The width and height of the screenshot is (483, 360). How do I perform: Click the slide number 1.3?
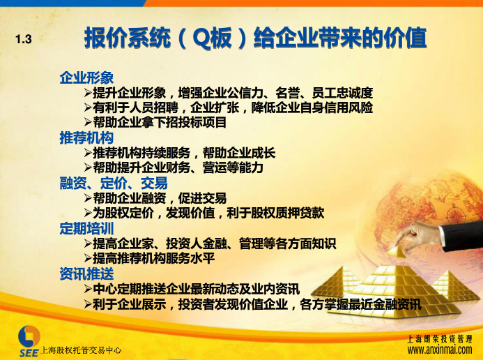click(x=24, y=40)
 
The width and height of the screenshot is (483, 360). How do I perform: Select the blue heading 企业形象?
click(x=86, y=77)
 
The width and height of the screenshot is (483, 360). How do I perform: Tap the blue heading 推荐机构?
click(x=86, y=137)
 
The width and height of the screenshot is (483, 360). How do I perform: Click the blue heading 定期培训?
click(x=86, y=228)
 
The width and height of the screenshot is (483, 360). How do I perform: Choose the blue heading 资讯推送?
click(x=86, y=273)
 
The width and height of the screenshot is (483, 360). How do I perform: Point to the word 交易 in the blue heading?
click(x=154, y=183)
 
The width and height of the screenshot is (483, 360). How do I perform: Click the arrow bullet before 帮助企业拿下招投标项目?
click(x=88, y=122)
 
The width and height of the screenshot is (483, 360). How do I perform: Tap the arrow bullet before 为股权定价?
click(x=88, y=213)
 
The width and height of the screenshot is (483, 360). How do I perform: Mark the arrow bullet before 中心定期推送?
click(x=88, y=289)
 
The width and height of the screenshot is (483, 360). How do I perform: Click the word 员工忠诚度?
click(x=342, y=93)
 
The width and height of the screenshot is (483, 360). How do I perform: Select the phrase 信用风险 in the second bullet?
click(x=348, y=107)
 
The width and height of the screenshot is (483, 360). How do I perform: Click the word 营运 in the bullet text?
click(x=215, y=167)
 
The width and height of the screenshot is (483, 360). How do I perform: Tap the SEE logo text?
click(x=29, y=352)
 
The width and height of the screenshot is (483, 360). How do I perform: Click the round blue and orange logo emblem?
click(x=29, y=336)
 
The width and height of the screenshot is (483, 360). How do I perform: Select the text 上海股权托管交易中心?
click(x=81, y=350)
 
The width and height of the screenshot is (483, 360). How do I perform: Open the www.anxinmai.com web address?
click(x=440, y=350)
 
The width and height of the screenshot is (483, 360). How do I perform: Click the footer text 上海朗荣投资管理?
click(x=440, y=339)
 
